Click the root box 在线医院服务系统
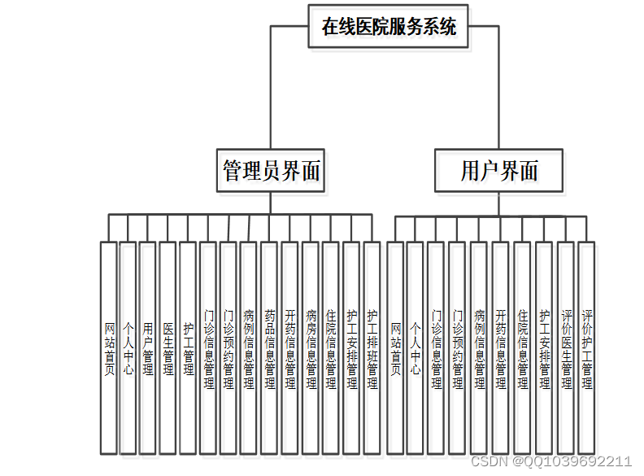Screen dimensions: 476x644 point(389,26)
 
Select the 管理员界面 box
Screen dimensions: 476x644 point(271,170)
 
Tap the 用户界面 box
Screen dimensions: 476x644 point(498,170)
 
